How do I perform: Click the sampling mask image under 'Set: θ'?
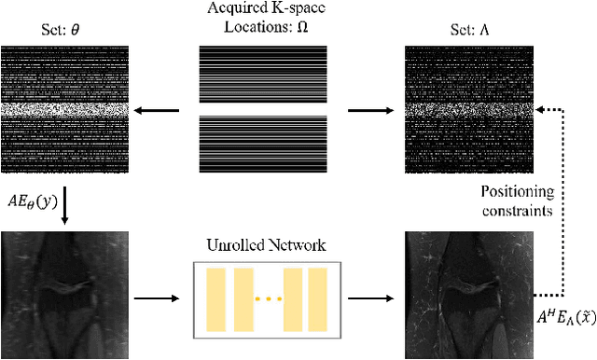[x=62, y=110]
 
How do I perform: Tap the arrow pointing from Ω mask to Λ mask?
[x=368, y=109]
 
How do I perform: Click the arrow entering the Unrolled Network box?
[x=155, y=298]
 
